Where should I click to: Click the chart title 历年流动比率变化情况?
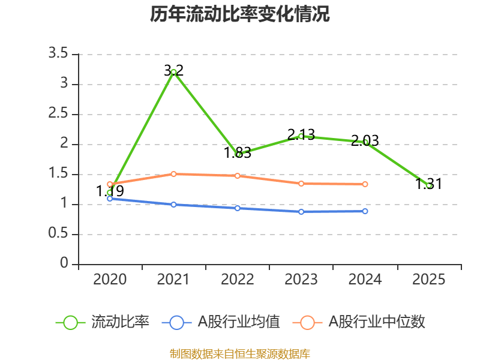[x=239, y=14]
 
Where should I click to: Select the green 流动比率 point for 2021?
[x=174, y=72]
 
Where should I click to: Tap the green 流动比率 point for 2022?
[x=238, y=154]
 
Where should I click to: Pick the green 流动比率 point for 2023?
[x=301, y=136]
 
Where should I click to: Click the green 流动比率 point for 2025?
[x=429, y=185]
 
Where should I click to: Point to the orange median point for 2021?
[x=174, y=174]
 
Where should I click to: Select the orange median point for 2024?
[x=365, y=184]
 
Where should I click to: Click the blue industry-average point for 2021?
[x=174, y=205]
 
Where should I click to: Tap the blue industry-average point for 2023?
[x=301, y=212]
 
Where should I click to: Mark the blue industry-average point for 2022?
[x=238, y=208]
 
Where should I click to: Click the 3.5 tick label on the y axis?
[x=59, y=55]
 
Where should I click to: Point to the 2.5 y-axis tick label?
[x=59, y=115]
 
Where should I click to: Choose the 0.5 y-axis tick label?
[x=59, y=235]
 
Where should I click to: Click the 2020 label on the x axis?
[x=110, y=280]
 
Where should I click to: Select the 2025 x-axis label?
[x=429, y=280]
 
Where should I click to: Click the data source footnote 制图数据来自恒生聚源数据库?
[x=239, y=353]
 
